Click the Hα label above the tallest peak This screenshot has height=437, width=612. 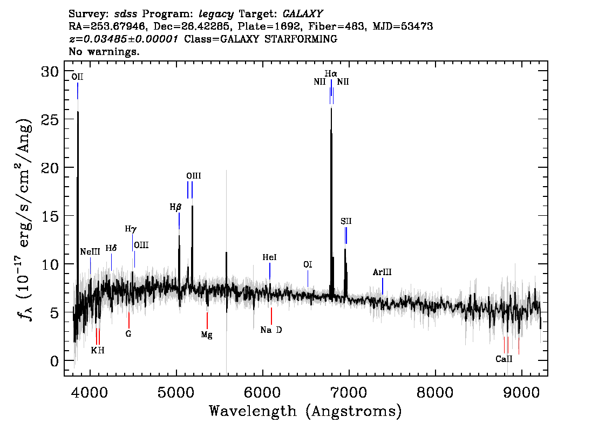point(331,73)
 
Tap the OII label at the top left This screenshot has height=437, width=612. point(77,77)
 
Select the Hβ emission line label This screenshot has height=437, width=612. point(175,207)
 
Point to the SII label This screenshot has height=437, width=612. point(346,221)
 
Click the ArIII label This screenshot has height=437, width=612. point(382,272)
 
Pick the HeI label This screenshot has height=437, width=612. point(269,257)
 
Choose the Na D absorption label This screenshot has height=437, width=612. point(271,330)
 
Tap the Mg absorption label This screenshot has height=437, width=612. point(207,335)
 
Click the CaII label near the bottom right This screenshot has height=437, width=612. point(504,359)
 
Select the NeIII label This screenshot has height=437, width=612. point(90,251)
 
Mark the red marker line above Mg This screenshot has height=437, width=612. point(207,320)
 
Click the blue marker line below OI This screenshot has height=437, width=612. point(308,278)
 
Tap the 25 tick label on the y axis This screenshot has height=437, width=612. point(50,119)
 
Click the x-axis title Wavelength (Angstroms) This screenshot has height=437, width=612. point(305,411)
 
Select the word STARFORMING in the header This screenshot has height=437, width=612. point(301,39)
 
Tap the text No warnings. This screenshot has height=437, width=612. point(104,51)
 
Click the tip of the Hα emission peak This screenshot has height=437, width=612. point(331,108)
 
